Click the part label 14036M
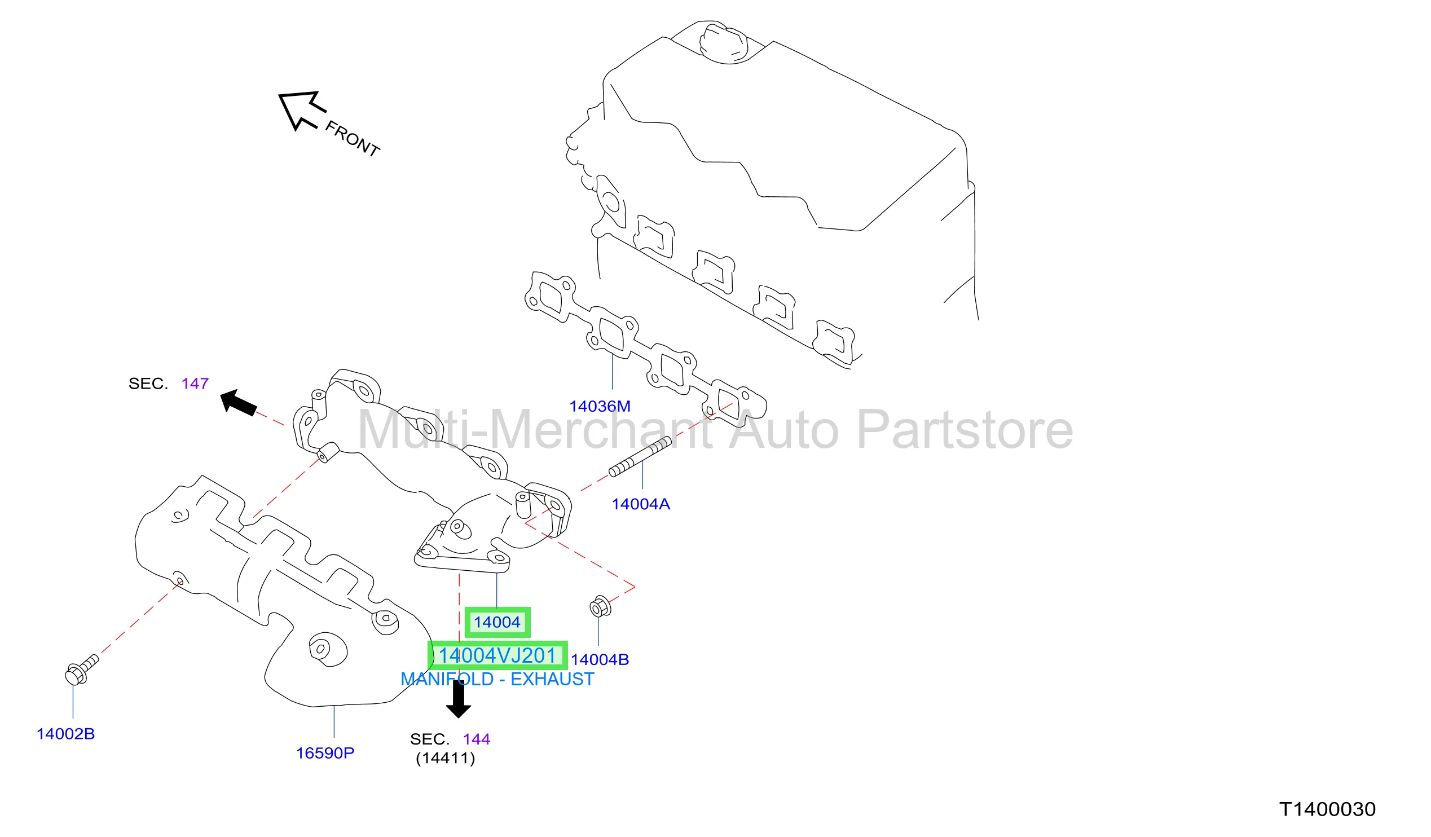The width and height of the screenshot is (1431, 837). tap(600, 407)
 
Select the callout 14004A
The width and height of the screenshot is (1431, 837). tap(641, 504)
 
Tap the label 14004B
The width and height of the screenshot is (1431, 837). tap(600, 660)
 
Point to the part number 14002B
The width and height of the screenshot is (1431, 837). tap(66, 734)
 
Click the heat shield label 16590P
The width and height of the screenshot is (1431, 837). tap(325, 754)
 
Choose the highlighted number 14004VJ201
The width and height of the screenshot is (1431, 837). tap(497, 656)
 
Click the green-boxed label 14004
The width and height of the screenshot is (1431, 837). tap(497, 622)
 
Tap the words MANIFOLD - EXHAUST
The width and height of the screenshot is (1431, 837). tap(497, 680)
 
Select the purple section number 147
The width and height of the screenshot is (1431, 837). tap(195, 384)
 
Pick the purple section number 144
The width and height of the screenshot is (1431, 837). tap(477, 739)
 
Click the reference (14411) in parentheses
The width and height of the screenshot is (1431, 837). tap(446, 759)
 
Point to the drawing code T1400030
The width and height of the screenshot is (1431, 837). tap(1328, 809)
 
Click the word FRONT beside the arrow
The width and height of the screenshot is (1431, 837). tap(353, 139)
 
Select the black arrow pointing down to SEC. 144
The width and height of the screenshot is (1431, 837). tap(458, 699)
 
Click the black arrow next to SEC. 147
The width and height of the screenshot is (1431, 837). tap(239, 403)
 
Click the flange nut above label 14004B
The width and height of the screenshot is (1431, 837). tap(600, 607)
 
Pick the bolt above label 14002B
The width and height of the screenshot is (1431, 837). tap(82, 670)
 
